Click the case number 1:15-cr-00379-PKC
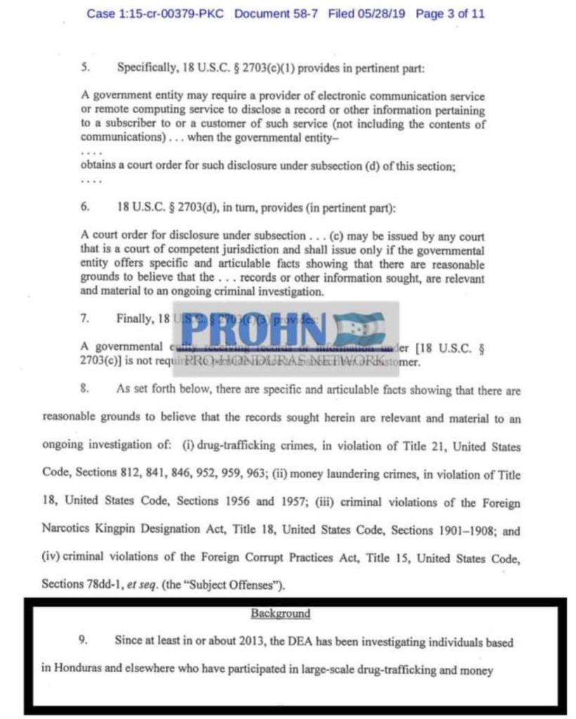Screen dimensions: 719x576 157,13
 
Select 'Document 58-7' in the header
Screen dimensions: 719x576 277,13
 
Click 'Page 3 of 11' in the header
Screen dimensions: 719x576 450,13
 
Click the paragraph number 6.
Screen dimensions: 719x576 85,209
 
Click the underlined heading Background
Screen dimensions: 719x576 280,614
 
